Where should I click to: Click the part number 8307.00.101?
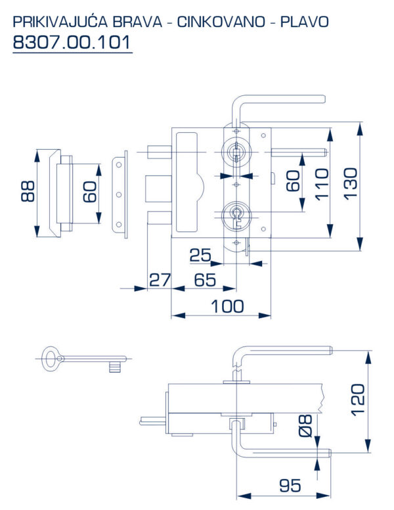tap(72, 42)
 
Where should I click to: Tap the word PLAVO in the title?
tap(304, 22)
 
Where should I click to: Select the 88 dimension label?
tap(28, 191)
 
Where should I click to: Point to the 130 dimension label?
tap(351, 183)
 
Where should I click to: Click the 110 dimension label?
tap(321, 184)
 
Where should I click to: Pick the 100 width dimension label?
tap(227, 306)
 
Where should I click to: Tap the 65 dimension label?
tap(205, 280)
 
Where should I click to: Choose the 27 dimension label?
tap(160, 280)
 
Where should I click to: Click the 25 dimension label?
tap(200, 255)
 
